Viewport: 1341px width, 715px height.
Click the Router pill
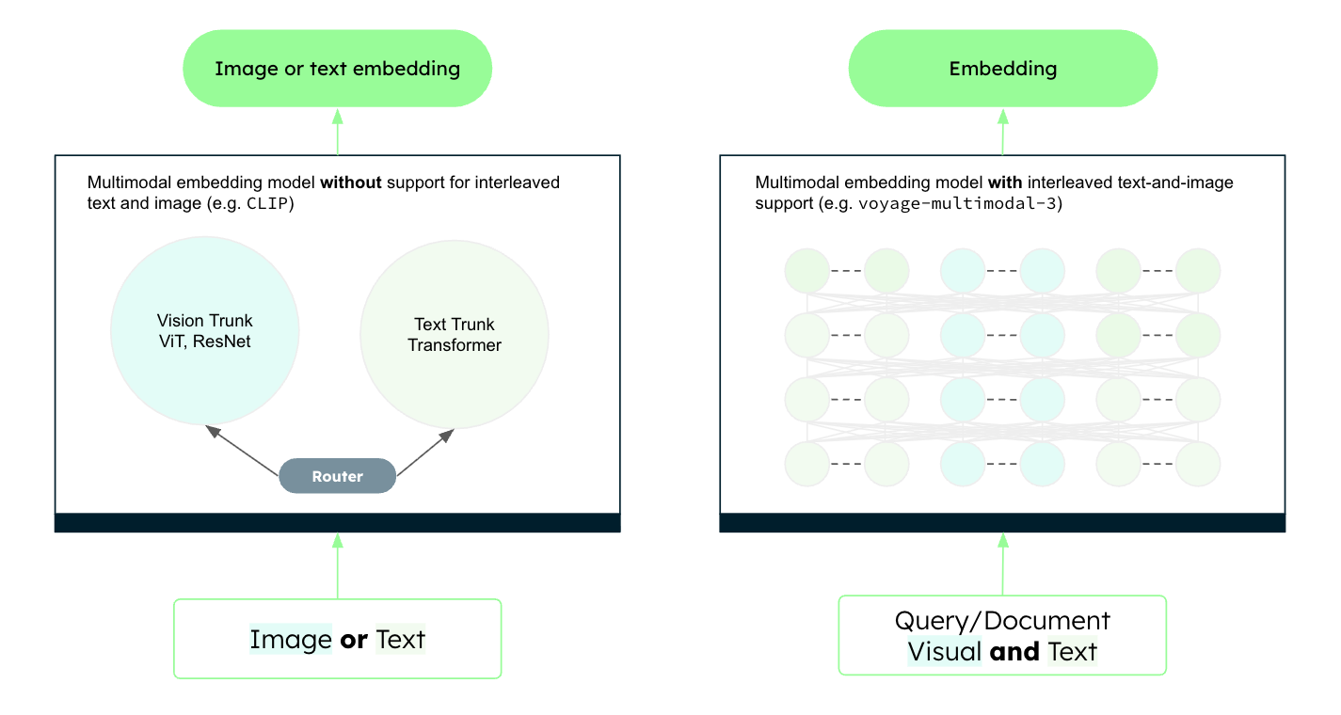(x=337, y=476)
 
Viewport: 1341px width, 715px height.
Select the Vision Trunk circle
(x=205, y=330)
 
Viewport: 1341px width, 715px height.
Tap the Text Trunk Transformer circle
(x=454, y=335)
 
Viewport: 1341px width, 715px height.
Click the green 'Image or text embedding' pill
(x=337, y=69)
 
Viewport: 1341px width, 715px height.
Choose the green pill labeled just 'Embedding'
(x=1002, y=69)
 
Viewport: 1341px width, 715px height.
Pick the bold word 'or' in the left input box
(x=354, y=640)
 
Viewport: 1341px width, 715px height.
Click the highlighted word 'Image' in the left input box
(x=291, y=640)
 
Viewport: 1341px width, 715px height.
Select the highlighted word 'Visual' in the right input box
(x=944, y=651)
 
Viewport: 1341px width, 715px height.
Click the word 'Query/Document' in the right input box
(x=1002, y=621)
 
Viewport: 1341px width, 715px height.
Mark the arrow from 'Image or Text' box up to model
(x=337, y=565)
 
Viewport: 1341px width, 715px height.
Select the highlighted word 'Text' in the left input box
(x=401, y=640)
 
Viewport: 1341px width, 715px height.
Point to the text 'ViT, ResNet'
(x=204, y=342)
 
